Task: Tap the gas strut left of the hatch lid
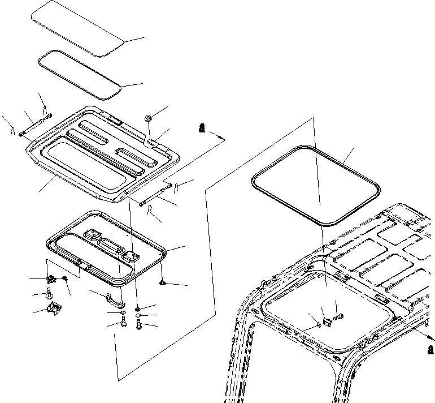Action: coord(35,125)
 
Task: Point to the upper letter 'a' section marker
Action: coord(201,128)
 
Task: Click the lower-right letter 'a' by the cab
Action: coord(430,349)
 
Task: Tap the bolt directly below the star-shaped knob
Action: coord(50,294)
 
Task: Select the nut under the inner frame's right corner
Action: coord(163,281)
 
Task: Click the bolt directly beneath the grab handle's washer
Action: coord(123,323)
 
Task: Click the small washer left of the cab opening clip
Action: coord(320,325)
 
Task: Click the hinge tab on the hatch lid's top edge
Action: coord(114,119)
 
